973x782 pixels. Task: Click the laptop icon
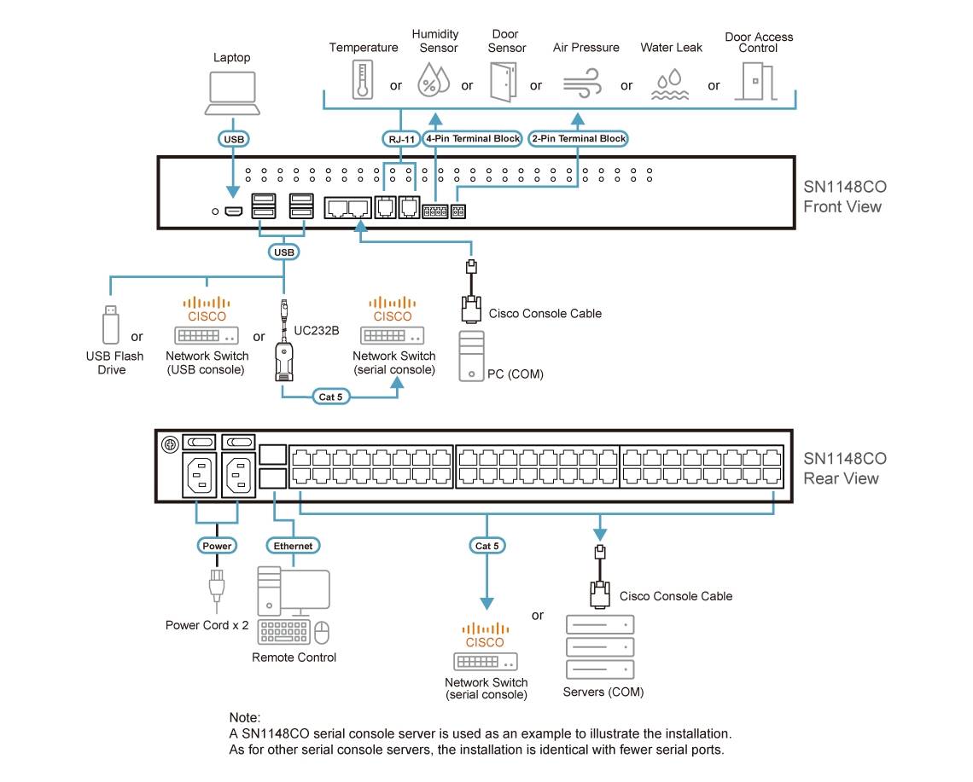tap(231, 92)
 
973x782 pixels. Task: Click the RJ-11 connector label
tap(399, 138)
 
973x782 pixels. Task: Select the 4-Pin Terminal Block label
tap(472, 138)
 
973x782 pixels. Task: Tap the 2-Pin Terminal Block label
tap(578, 138)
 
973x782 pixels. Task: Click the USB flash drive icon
tap(110, 322)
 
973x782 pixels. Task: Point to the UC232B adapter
tap(284, 358)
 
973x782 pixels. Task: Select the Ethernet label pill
tap(293, 545)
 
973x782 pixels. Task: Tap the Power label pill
tap(216, 545)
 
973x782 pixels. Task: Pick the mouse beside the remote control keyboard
tap(322, 632)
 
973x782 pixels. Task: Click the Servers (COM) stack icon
tap(601, 646)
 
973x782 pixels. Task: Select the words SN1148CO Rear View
tap(844, 468)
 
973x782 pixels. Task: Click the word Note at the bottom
tap(245, 717)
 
